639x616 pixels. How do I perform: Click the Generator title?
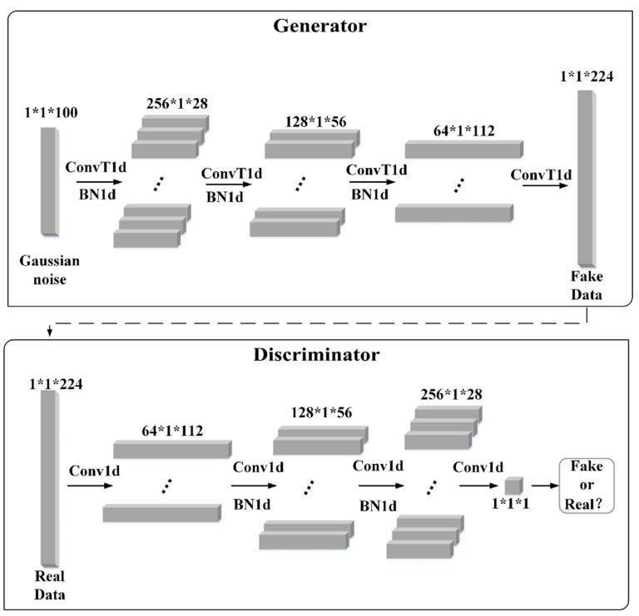pyautogui.click(x=319, y=25)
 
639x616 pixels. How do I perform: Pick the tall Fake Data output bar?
pyautogui.click(x=586, y=178)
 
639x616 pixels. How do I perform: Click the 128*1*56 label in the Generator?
pyautogui.click(x=306, y=122)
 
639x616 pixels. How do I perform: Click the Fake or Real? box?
pyautogui.click(x=586, y=485)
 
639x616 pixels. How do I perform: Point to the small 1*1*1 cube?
pyautogui.click(x=513, y=485)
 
